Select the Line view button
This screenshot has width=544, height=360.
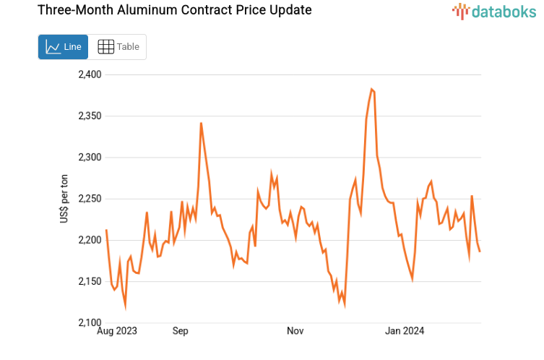click(64, 47)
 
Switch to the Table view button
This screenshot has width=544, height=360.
click(118, 47)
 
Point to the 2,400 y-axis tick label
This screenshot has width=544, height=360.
click(90, 74)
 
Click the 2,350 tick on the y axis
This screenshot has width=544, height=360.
click(90, 116)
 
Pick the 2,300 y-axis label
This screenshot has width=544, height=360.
click(90, 157)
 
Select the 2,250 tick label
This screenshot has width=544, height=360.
click(90, 199)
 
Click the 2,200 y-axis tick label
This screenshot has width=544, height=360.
click(90, 240)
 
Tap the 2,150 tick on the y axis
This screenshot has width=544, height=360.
click(90, 281)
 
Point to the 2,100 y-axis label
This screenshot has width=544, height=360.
click(90, 322)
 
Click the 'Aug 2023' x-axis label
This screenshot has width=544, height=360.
click(117, 331)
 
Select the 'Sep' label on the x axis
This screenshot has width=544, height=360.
click(180, 331)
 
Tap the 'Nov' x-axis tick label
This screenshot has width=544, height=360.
click(295, 331)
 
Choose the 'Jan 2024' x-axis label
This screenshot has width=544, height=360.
click(405, 331)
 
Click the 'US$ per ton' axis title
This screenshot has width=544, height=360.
click(64, 199)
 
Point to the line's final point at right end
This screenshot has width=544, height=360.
click(480, 251)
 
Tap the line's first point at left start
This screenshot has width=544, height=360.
click(106, 231)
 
